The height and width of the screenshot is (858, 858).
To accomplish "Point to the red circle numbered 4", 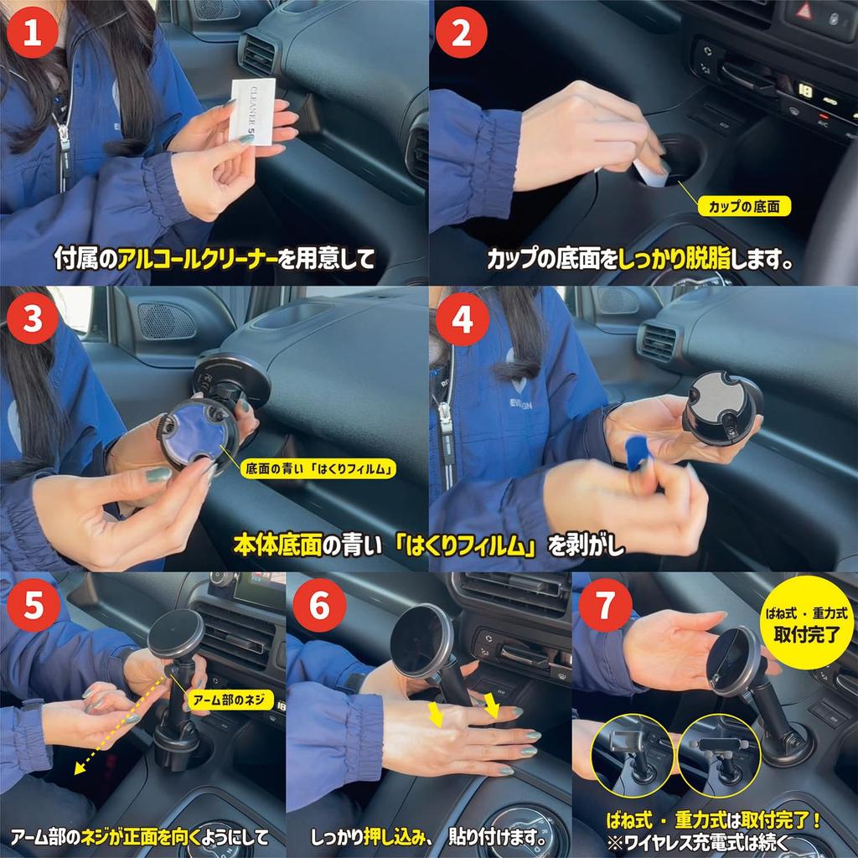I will click(x=461, y=319).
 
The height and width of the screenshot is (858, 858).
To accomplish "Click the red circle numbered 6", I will click(x=319, y=607).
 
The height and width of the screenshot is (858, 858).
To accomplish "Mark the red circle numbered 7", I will click(x=606, y=607).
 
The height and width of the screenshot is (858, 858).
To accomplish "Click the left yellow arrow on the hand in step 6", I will click(x=436, y=712).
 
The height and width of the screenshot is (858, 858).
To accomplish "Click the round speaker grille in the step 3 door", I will click(x=165, y=321).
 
